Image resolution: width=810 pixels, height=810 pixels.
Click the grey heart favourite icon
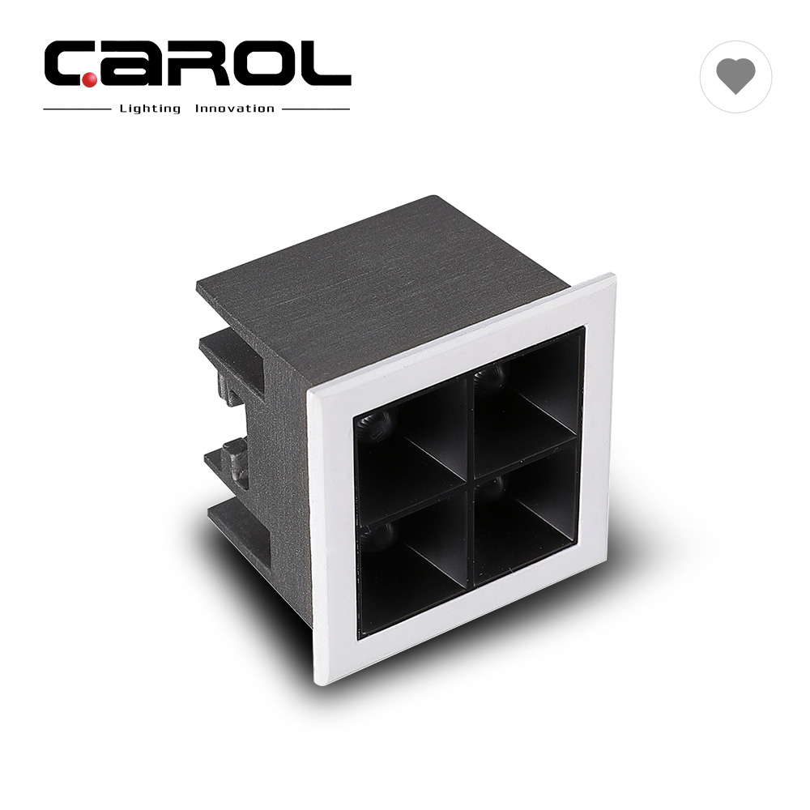click(x=735, y=76)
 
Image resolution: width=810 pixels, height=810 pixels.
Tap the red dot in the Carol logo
click(x=89, y=79)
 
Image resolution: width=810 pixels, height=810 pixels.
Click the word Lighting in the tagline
click(x=151, y=109)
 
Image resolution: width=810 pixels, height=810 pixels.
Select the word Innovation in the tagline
click(x=235, y=109)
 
